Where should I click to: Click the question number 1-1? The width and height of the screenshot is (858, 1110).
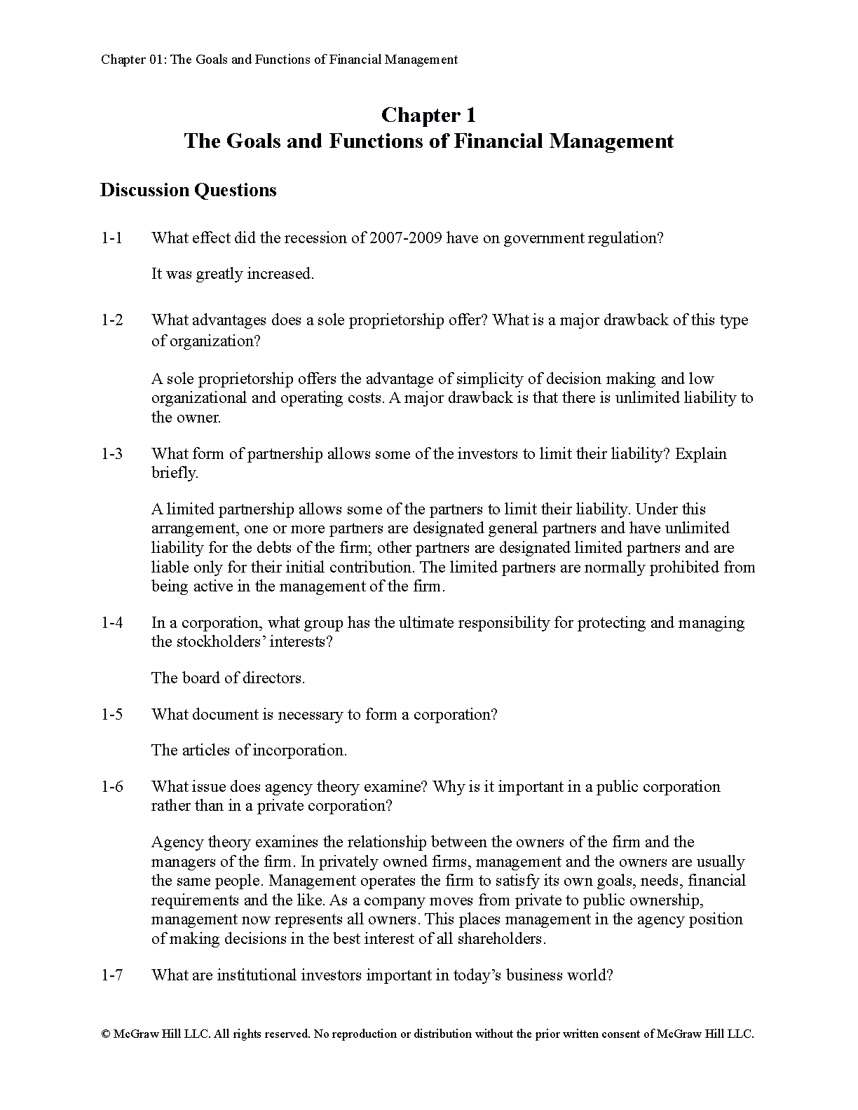point(111,238)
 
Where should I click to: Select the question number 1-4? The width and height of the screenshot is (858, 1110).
point(111,623)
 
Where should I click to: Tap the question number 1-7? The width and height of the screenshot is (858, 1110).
point(111,975)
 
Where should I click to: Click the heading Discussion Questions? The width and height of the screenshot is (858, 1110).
point(188,191)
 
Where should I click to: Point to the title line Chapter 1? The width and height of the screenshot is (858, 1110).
point(428,115)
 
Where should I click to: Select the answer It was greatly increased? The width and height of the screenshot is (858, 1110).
point(233,274)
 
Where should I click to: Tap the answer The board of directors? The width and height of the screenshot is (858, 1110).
point(228,678)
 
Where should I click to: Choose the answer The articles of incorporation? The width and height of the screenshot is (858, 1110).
point(249,751)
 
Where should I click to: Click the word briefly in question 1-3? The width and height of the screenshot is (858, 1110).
point(174,473)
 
